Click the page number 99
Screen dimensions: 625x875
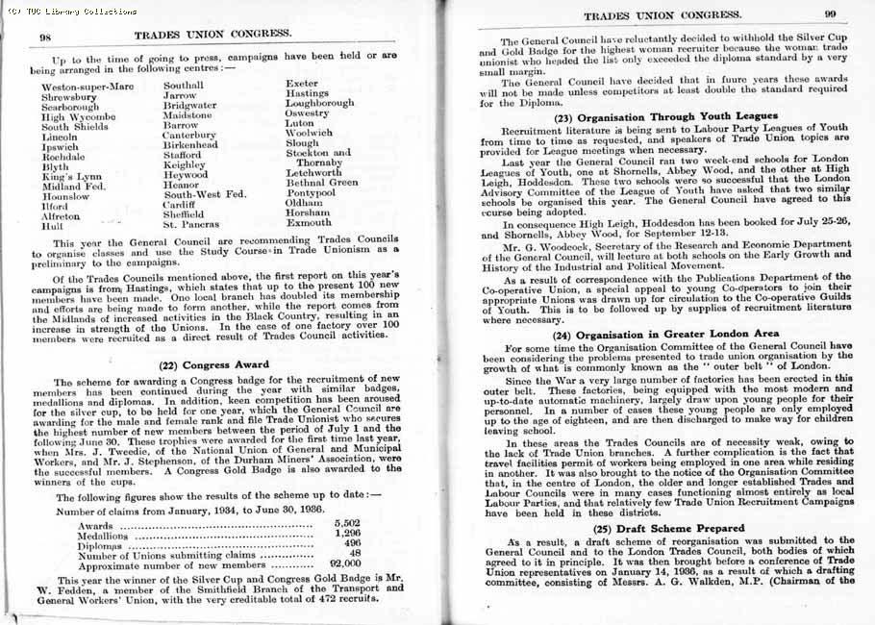tap(830, 14)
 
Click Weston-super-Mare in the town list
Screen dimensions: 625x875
tap(87, 87)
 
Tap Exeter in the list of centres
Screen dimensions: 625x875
tap(303, 84)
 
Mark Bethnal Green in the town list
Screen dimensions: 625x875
tap(322, 182)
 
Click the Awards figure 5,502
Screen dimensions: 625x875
tap(345, 521)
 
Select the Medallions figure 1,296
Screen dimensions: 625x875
tap(345, 532)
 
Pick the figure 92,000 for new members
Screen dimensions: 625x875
tap(345, 564)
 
